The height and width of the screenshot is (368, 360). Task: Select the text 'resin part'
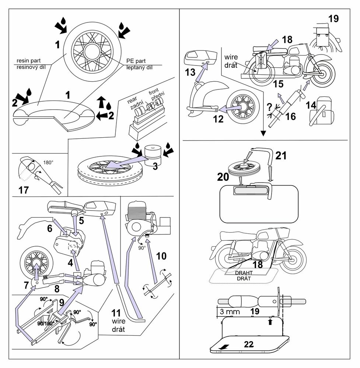coord(28,60)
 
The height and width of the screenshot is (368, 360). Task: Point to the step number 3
coord(155,166)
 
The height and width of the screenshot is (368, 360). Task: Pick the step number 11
coord(116,314)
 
